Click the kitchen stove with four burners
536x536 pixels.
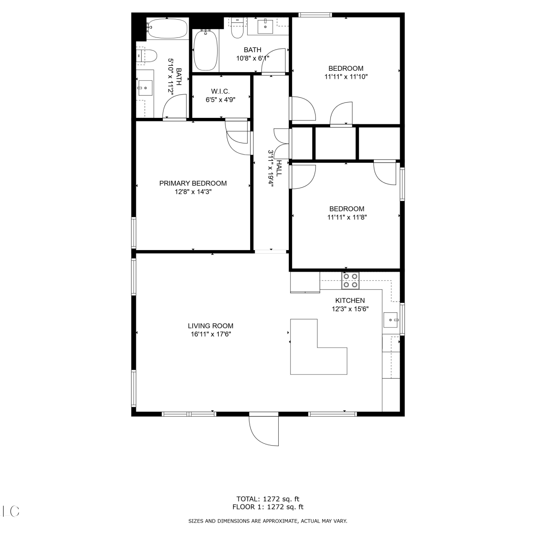point(350,281)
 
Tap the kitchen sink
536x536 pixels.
point(391,320)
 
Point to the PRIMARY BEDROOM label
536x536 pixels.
point(193,183)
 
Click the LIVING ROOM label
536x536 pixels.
point(210,326)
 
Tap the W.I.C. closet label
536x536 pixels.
point(220,92)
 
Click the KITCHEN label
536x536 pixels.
point(350,301)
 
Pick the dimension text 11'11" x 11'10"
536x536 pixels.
point(346,76)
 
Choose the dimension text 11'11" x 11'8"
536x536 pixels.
point(347,217)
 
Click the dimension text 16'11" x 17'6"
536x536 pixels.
point(211,334)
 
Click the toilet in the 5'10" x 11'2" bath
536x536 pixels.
point(147,56)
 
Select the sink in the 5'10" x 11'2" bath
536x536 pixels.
point(145,88)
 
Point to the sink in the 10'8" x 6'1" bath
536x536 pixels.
point(265,26)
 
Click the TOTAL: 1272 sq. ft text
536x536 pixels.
point(268,499)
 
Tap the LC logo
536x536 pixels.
point(11,511)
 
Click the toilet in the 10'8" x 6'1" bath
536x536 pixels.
point(237,28)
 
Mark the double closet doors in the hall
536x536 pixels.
point(282,143)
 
